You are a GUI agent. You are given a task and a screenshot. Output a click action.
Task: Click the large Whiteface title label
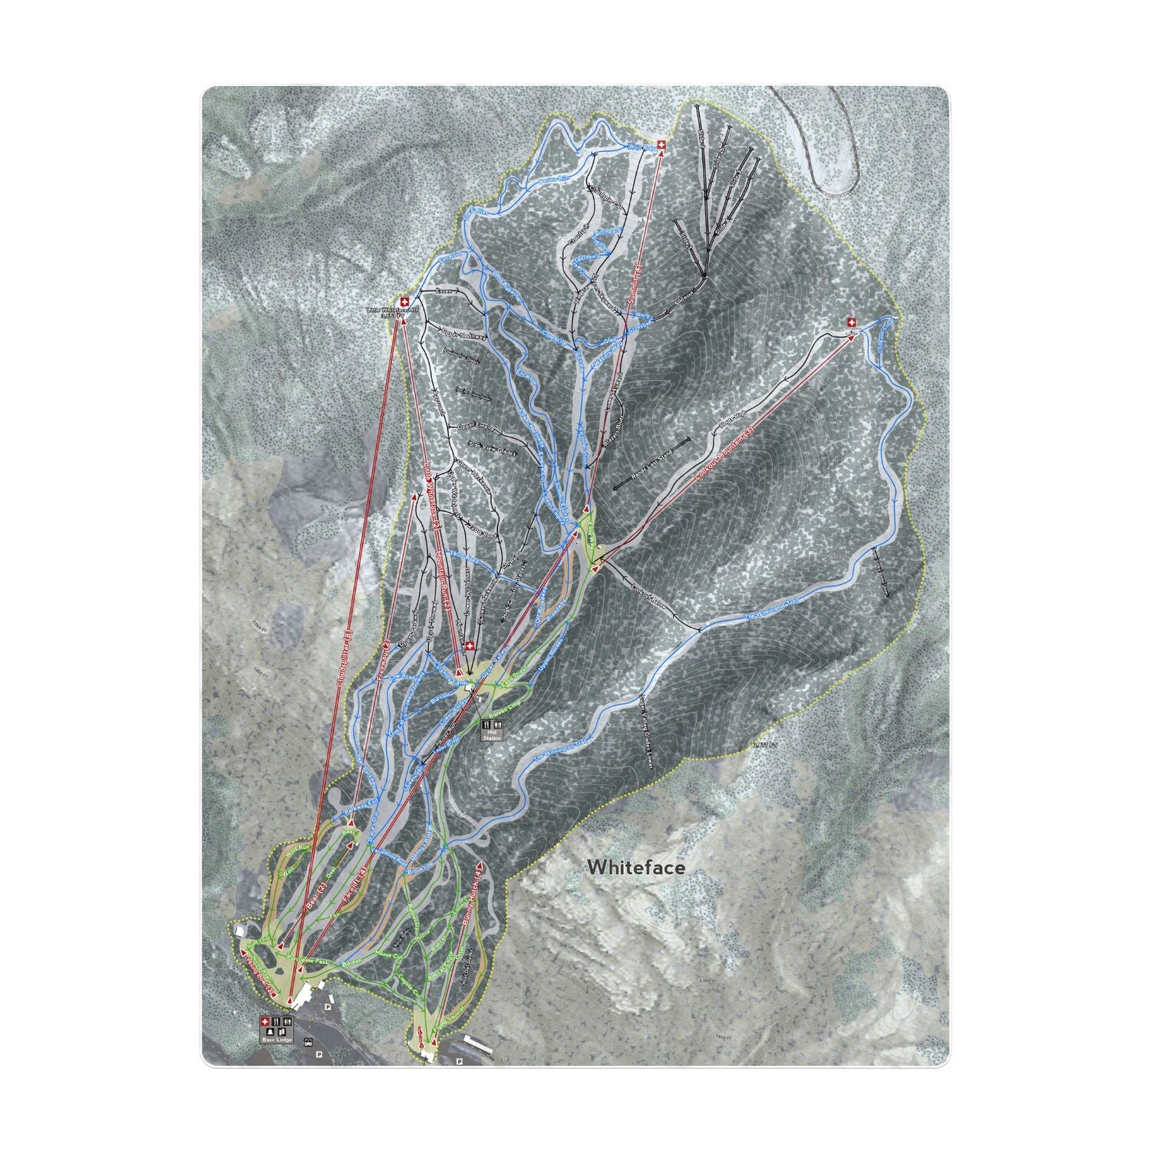tap(635, 867)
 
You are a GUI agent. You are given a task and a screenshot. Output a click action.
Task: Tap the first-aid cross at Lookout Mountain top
tap(851, 322)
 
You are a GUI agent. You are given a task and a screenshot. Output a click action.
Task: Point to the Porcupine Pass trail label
tap(306, 960)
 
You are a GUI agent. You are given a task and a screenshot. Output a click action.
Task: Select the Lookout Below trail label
tap(649, 601)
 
